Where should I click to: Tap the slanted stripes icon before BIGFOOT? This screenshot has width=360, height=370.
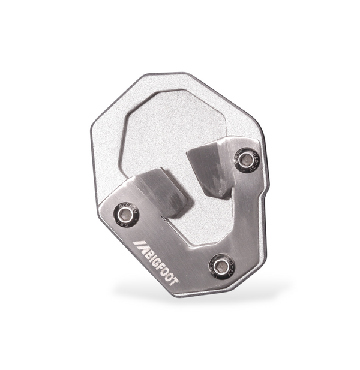140,246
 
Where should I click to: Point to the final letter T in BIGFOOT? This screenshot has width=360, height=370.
174,279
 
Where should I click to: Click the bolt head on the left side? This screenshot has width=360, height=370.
127,213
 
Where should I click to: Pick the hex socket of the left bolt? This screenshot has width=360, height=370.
127,213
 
